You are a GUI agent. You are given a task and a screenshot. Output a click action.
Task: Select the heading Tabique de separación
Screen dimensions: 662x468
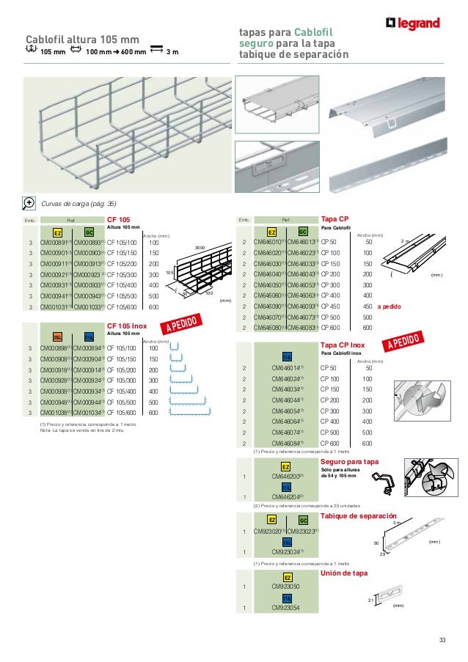359,516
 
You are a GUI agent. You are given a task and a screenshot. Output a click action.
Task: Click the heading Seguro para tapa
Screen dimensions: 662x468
350,462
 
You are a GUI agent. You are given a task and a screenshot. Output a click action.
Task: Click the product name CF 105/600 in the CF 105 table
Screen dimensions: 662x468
122,308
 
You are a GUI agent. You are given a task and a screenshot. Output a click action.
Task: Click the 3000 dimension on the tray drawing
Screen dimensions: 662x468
200,248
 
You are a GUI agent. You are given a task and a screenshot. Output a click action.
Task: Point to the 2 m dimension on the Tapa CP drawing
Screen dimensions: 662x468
406,240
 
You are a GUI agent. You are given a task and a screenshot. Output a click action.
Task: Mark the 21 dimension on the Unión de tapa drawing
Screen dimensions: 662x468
371,599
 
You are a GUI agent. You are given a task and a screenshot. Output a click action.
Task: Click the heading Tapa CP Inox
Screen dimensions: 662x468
343,345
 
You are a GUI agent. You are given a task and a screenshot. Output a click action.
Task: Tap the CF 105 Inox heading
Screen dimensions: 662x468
127,325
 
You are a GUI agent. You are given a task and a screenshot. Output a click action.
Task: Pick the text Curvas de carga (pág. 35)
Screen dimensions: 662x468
78,203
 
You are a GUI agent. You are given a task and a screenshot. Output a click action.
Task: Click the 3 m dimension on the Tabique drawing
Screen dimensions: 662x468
397,523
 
